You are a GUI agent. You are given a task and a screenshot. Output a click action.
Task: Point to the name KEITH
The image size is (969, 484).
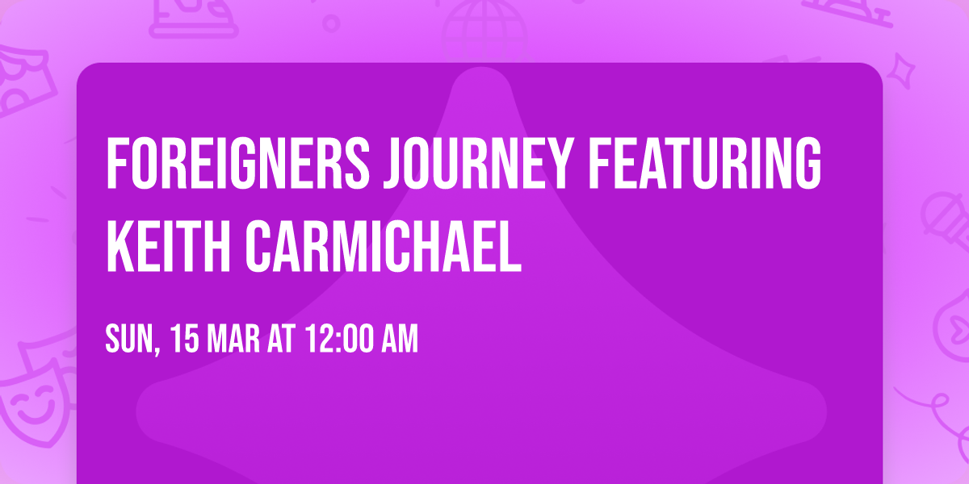tap(170, 244)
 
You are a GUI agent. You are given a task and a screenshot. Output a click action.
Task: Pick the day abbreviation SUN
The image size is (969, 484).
tap(128, 340)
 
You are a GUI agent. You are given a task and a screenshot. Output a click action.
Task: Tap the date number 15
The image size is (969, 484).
tap(184, 340)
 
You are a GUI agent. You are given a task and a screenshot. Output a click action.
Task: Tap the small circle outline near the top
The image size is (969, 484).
tap(331, 22)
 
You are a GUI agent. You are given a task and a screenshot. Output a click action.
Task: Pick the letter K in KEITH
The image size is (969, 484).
tap(118, 244)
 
